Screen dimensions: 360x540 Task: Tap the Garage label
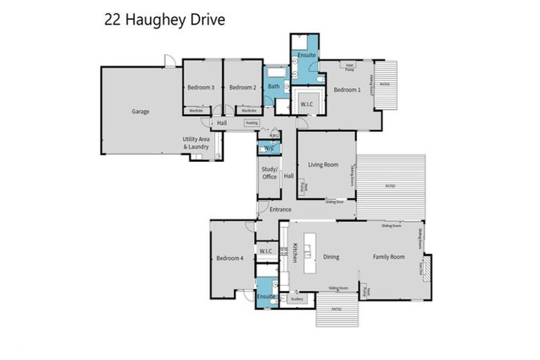click(141, 111)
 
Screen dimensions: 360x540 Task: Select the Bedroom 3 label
click(200, 87)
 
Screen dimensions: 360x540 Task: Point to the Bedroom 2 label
click(242, 87)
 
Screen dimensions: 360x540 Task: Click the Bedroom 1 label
click(347, 89)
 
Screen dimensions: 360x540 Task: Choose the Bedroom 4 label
click(229, 258)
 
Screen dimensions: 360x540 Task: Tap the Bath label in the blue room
click(274, 86)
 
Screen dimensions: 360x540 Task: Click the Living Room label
click(323, 165)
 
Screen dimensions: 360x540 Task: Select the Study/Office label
click(269, 173)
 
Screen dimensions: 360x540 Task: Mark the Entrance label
click(281, 210)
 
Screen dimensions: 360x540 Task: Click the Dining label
click(330, 257)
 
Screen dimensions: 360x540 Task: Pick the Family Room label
click(389, 257)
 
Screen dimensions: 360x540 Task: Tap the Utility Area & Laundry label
click(196, 143)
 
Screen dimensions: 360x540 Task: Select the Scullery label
click(297, 299)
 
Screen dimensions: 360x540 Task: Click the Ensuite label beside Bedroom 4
click(266, 297)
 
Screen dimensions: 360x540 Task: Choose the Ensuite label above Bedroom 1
click(305, 54)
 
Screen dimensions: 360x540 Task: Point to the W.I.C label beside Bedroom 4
click(266, 251)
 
